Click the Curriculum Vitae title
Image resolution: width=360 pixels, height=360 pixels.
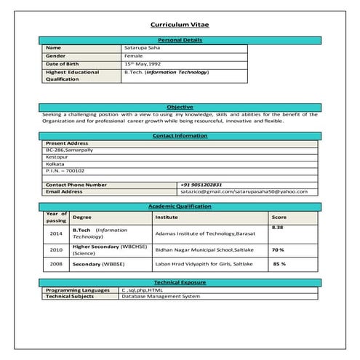tap(180, 25)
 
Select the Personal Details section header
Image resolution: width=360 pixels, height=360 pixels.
tap(180, 40)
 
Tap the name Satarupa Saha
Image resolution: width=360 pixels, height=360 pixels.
tap(143, 48)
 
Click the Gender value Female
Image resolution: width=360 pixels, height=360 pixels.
tap(134, 56)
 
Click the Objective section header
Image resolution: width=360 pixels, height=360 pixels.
tap(180, 108)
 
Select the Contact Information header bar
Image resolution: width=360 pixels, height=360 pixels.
tap(180, 136)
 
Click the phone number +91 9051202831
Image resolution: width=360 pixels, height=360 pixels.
tap(201, 185)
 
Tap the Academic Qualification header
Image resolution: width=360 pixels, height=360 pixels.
tap(180, 207)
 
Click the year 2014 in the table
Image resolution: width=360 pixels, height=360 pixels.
tap(56, 233)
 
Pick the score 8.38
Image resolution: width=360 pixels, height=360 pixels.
tap(277, 227)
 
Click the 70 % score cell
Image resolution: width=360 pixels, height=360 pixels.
tap(278, 249)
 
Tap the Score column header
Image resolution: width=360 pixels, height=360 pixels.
tap(279, 217)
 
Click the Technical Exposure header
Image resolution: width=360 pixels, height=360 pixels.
tap(180, 281)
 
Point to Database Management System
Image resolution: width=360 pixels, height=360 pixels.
tap(160, 297)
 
